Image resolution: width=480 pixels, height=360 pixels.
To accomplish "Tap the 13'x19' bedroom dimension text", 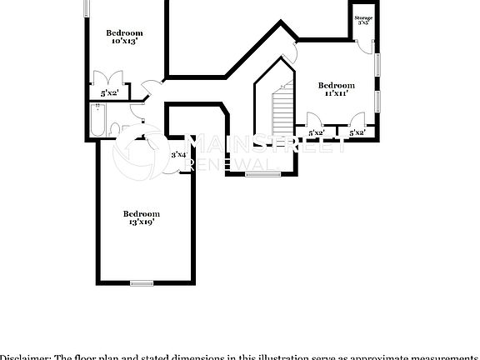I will click(x=141, y=222).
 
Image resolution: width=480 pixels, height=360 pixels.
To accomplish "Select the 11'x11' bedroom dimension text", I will click(x=336, y=93).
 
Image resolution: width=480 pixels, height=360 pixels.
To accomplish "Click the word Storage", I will click(x=363, y=17).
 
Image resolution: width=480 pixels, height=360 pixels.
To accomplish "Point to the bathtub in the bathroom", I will click(x=97, y=120).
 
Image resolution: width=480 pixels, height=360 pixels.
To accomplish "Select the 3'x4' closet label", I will click(x=178, y=154).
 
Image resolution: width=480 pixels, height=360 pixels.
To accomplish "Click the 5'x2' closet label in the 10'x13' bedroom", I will click(x=110, y=95).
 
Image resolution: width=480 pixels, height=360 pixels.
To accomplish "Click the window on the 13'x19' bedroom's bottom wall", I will click(x=142, y=284).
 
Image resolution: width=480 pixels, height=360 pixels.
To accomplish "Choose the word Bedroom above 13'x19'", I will click(x=141, y=213).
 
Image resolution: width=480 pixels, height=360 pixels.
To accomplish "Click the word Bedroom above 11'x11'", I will click(x=337, y=85).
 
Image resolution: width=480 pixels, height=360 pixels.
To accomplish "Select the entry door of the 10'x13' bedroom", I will click(x=147, y=87).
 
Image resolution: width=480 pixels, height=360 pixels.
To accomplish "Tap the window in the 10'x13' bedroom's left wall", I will click(x=87, y=7).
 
